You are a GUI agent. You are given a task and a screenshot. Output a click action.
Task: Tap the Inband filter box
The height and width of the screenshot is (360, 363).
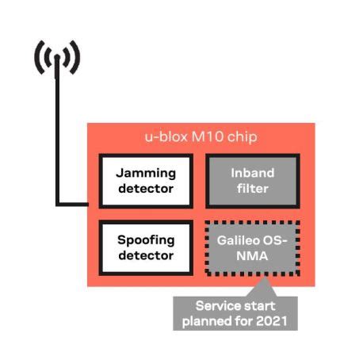252,180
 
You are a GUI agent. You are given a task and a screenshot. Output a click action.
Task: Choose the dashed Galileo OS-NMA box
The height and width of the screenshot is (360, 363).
252,247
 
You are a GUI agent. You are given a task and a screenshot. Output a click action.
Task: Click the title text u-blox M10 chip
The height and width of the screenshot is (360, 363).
200,137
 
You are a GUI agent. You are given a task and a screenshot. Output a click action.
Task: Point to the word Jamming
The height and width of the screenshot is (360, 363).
145,172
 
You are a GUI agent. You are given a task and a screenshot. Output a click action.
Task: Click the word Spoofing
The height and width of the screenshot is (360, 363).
145,239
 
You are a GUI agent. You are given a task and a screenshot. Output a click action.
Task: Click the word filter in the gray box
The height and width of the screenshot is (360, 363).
252,189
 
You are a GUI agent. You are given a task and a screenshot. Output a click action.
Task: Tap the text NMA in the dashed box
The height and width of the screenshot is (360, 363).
252,256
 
